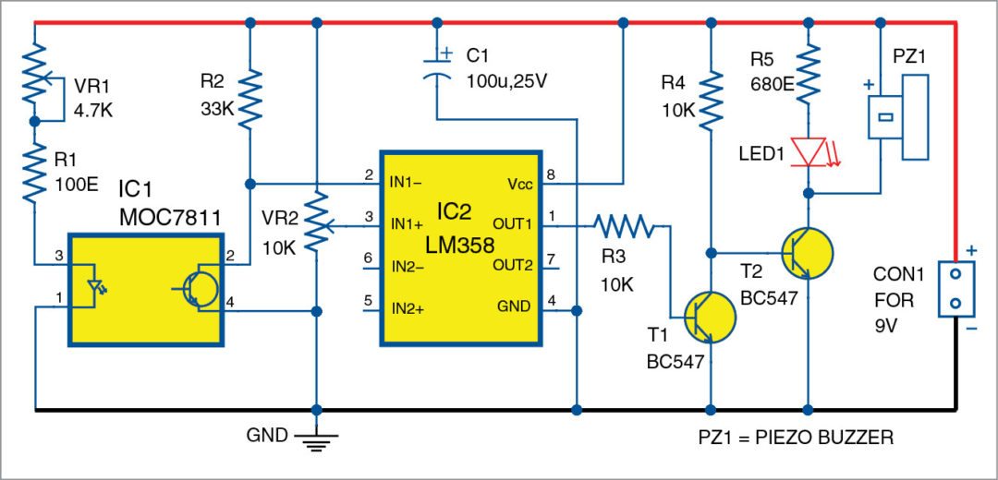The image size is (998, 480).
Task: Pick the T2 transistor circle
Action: [x=806, y=250]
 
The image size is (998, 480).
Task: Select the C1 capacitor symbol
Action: [x=435, y=69]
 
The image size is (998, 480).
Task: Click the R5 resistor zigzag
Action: [x=809, y=74]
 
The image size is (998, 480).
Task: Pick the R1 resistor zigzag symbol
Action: [x=33, y=173]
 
